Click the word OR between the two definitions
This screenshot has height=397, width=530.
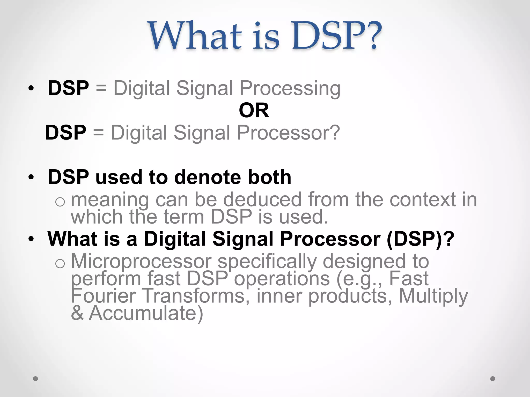254,110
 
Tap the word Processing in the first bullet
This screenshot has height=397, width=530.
290,89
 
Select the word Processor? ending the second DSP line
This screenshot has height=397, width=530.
288,133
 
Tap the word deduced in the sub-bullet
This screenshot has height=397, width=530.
262,200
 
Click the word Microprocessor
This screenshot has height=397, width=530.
141,261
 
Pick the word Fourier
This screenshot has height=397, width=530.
103,296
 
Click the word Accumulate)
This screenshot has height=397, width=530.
146,313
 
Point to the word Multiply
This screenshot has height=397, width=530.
433,296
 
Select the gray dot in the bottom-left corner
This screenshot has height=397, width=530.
35,379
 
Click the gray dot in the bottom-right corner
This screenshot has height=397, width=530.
493,379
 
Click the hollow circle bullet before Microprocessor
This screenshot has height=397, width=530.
60,264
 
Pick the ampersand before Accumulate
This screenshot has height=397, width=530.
77,313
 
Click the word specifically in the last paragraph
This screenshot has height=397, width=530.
267,262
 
